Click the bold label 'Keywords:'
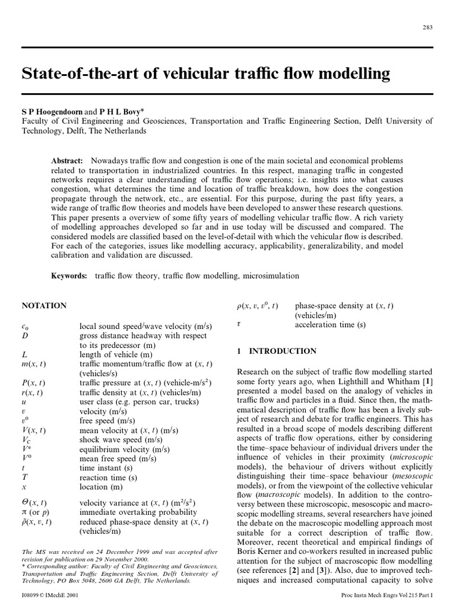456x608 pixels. [69, 276]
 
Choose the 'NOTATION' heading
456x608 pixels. [44, 306]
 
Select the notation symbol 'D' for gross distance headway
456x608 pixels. [24, 335]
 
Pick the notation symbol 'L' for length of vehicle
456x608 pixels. [24, 354]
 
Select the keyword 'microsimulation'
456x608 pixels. [271, 276]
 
